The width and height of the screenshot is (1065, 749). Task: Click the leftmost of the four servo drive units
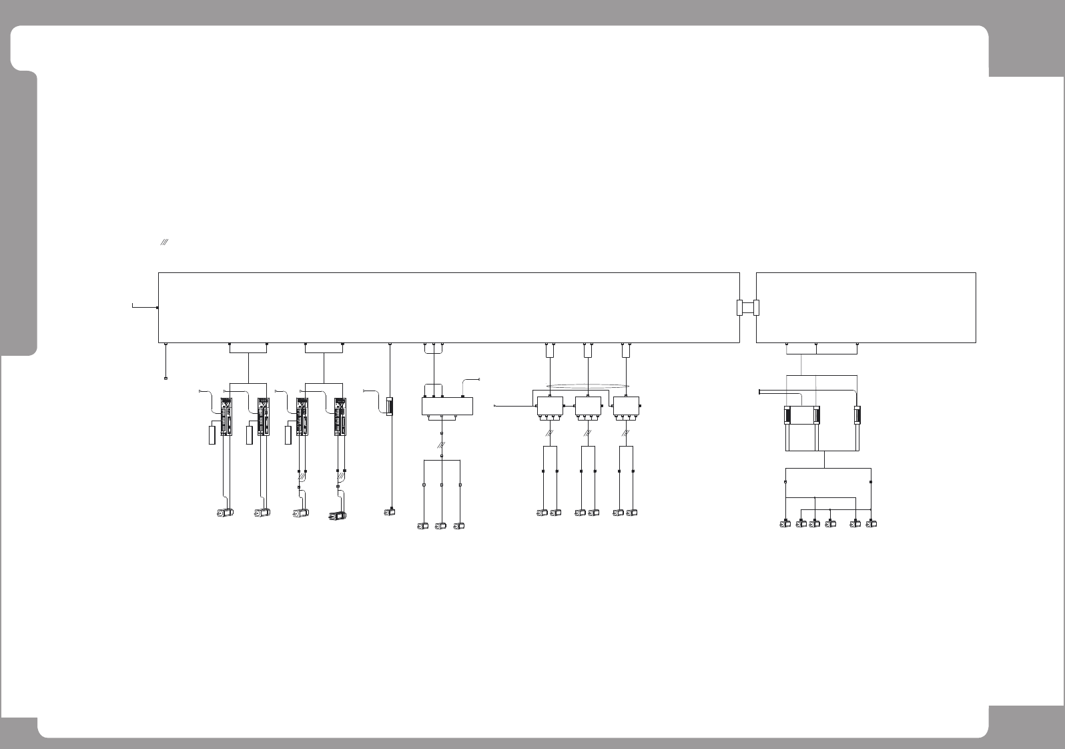(x=226, y=417)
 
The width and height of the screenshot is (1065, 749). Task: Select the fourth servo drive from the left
(x=340, y=417)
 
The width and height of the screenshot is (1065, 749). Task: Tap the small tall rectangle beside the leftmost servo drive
(x=212, y=435)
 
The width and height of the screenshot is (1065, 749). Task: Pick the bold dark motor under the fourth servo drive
(x=338, y=515)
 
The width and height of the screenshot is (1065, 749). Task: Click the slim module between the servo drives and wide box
(x=390, y=406)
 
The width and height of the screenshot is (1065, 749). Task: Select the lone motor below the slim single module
(x=390, y=513)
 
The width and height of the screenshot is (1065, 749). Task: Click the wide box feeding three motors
(x=448, y=406)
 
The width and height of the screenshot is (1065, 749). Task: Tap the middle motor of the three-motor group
(x=440, y=526)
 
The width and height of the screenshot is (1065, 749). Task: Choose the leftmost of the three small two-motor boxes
(x=550, y=405)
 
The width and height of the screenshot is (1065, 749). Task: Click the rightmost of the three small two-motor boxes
(x=626, y=405)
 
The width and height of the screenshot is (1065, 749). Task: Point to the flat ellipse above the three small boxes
(x=588, y=385)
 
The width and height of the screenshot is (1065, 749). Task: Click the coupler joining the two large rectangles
(x=747, y=308)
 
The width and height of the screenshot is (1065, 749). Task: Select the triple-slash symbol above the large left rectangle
(x=163, y=244)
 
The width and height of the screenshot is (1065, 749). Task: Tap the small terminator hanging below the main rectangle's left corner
(x=165, y=379)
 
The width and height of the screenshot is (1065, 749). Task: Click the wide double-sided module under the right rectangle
(x=801, y=415)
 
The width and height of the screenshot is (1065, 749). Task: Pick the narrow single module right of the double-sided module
(x=857, y=415)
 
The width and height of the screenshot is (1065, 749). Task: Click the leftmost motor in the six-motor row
(x=785, y=524)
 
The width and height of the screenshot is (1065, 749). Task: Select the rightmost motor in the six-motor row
(x=871, y=524)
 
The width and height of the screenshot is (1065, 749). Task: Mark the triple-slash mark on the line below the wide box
(x=441, y=445)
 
